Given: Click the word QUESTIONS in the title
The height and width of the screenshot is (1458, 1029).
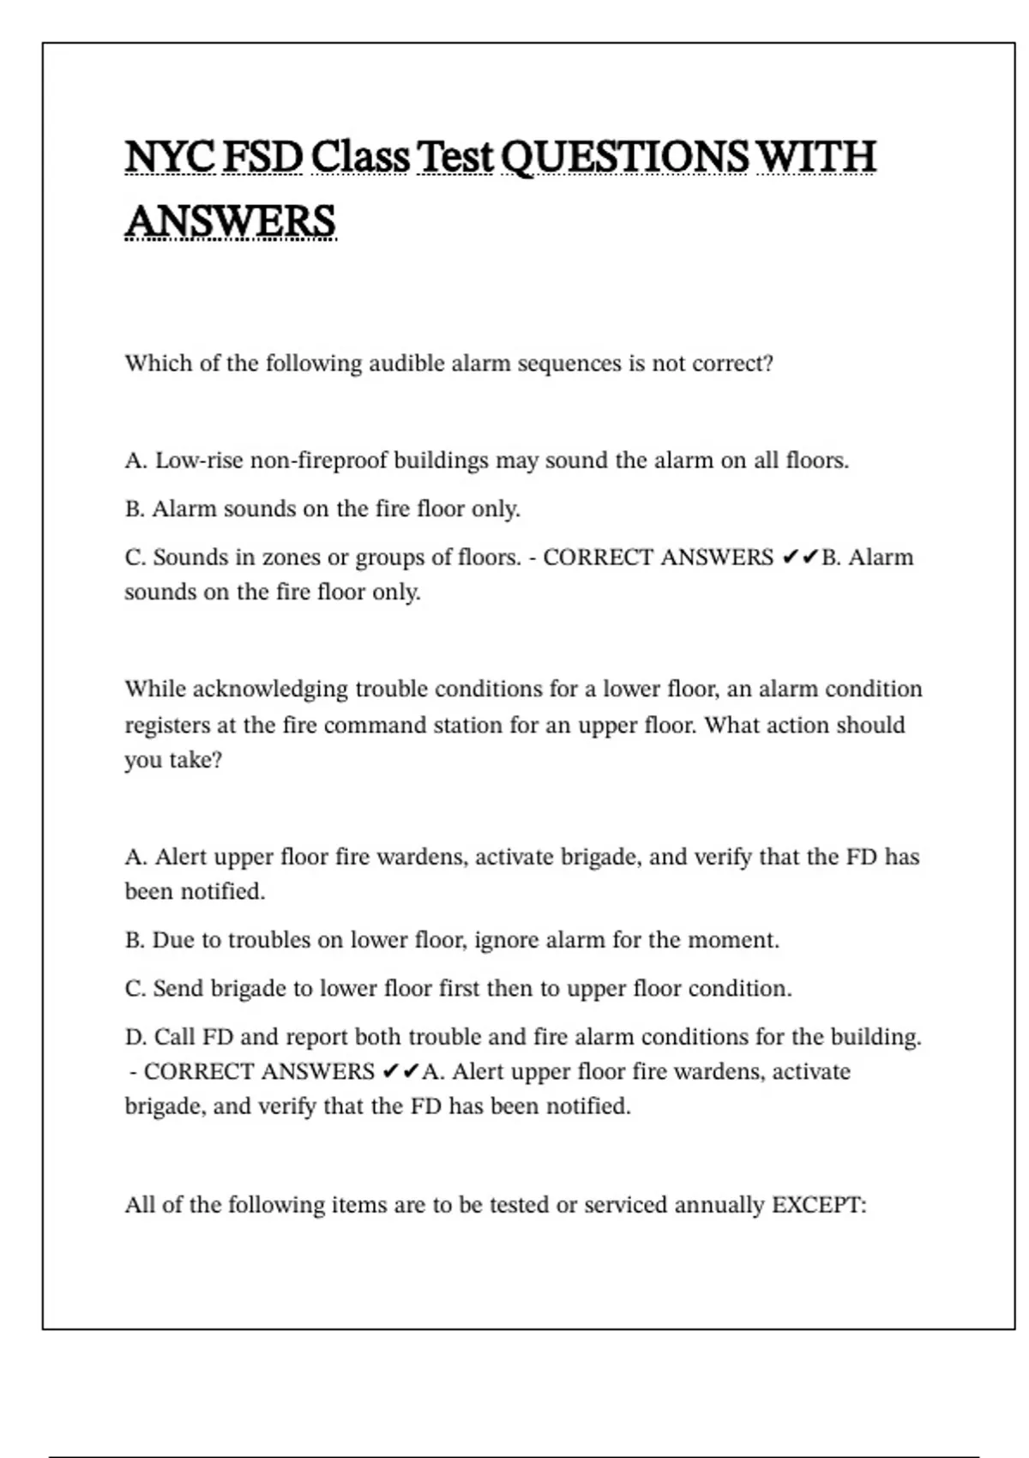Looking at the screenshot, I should (623, 157).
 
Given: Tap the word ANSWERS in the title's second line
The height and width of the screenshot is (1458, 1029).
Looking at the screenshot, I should (230, 221).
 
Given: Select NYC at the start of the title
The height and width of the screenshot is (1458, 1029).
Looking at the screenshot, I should (171, 157).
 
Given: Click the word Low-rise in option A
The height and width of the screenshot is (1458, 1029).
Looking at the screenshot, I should (199, 461).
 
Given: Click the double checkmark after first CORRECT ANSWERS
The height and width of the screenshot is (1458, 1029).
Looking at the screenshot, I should (799, 557).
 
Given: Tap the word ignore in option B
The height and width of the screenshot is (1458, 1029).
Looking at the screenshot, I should (507, 941).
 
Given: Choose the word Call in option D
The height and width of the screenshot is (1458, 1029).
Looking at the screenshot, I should (175, 1037).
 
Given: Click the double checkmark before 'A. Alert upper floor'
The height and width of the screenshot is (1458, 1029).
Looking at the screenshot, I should (400, 1072).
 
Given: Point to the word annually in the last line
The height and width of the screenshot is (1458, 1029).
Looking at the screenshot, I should (719, 1206).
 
